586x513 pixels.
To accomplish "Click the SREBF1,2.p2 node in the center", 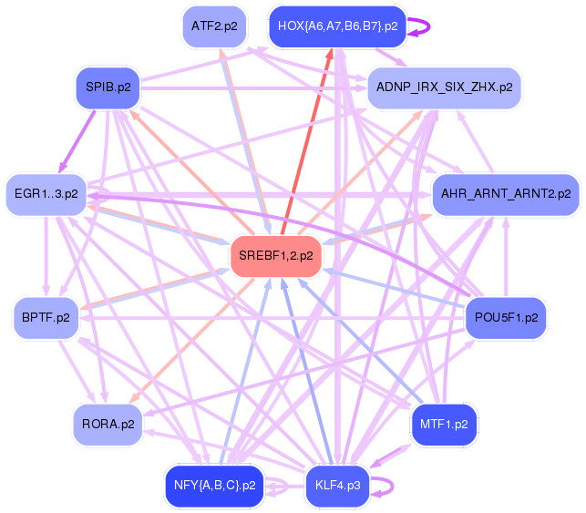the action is pyautogui.click(x=275, y=256).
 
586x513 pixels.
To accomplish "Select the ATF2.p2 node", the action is pyautogui.click(x=215, y=26).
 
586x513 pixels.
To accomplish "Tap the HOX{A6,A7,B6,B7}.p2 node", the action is pyautogui.click(x=337, y=26).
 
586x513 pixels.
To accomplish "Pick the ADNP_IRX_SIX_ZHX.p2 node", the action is pyautogui.click(x=443, y=88).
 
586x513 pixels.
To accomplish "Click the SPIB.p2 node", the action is pyautogui.click(x=108, y=88).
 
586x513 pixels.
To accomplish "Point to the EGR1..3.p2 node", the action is pyautogui.click(x=46, y=194).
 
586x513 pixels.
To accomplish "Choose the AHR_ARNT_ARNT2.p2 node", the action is pyautogui.click(x=505, y=194).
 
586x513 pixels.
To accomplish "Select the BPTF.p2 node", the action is pyautogui.click(x=46, y=318).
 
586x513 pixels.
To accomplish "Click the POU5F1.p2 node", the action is pyautogui.click(x=506, y=318).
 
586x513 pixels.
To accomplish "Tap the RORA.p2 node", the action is pyautogui.click(x=108, y=424).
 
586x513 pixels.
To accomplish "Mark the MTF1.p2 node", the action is pyautogui.click(x=444, y=424).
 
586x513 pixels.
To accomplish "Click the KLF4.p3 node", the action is pyautogui.click(x=337, y=485).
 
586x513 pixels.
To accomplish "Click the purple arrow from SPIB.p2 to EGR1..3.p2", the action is pyautogui.click(x=79, y=137).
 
